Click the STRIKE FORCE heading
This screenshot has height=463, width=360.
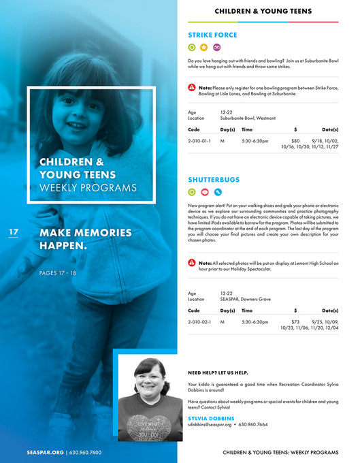212,34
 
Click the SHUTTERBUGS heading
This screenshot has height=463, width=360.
214,180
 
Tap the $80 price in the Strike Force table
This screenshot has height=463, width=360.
295,140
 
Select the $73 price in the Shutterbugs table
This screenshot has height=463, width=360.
295,321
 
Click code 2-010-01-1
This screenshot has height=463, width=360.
199,140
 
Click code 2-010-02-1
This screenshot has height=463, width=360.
199,321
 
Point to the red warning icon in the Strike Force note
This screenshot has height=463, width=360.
192,88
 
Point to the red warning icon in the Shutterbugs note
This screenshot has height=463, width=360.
192,263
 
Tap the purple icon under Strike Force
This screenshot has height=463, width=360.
217,48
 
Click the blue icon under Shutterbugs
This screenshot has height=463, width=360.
217,193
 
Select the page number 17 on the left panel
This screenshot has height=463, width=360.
14,233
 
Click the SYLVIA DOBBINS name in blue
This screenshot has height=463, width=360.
211,418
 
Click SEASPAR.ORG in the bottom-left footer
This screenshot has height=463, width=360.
45,452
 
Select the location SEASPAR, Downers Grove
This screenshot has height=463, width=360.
246,299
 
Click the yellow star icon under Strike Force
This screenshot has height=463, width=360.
204,48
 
